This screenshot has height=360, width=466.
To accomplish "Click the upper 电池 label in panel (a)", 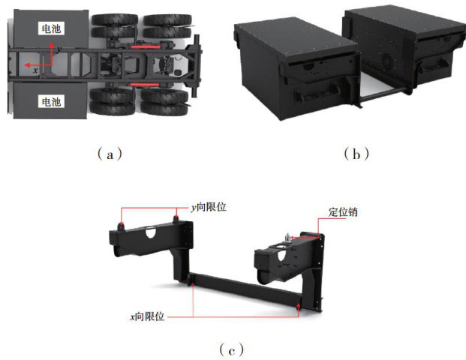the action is click(51, 28).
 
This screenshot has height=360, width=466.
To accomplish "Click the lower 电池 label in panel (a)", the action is click(51, 101).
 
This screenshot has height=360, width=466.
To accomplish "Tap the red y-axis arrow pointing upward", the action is click(52, 54).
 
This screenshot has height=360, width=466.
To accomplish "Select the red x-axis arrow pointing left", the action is click(38, 65).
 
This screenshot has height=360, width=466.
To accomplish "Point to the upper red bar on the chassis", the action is click(146, 47).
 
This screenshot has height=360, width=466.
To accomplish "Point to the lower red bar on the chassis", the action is click(145, 85).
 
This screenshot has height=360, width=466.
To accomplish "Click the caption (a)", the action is click(110, 154).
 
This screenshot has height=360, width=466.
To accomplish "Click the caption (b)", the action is click(356, 154).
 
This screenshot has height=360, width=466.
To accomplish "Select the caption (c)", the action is click(232, 350).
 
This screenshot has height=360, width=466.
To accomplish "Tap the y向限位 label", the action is click(209, 207).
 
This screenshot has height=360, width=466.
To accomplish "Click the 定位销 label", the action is click(343, 212).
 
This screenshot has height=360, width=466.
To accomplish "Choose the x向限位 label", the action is click(147, 316).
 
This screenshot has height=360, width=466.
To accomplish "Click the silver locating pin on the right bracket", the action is click(287, 238).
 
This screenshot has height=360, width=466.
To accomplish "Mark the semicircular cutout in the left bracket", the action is click(151, 232).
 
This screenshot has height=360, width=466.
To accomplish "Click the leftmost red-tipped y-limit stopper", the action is click(121, 226).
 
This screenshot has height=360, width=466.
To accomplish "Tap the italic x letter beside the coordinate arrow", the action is click(35, 70).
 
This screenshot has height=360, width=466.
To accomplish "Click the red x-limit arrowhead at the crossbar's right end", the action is click(299, 305).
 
